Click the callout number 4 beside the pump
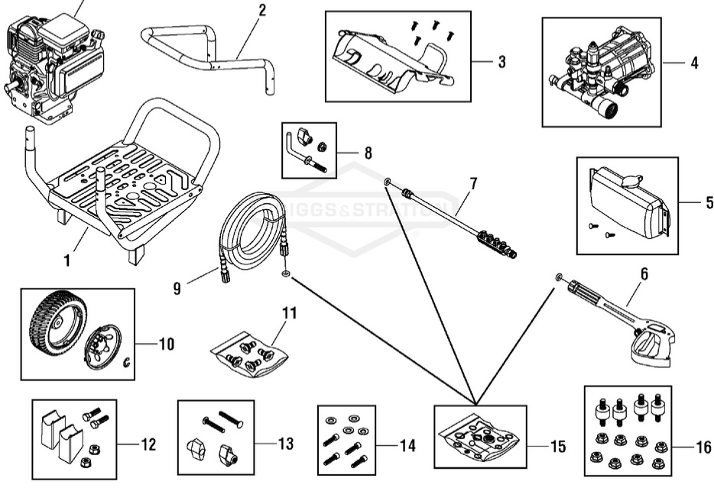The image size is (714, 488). click(694, 63)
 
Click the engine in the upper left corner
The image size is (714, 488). click(50, 65)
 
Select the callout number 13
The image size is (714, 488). click(285, 444)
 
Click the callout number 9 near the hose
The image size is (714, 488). click(177, 288)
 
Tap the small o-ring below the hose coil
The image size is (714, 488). click(286, 274)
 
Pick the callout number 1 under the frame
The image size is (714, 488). click(67, 261)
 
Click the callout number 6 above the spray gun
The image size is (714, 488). click(644, 273)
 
